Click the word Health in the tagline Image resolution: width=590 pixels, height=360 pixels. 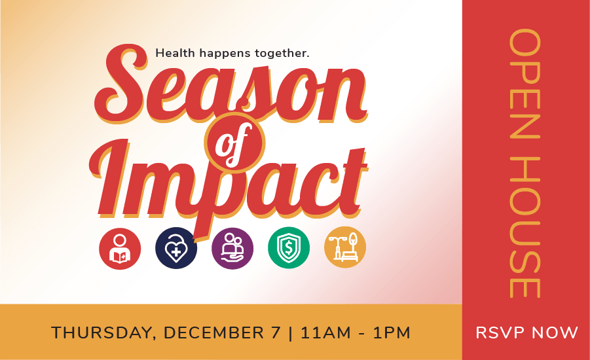(175, 52)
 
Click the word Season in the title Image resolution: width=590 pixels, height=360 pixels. (230, 84)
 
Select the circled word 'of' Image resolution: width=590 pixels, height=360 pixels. (235, 143)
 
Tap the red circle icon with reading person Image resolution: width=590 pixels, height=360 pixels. (120, 248)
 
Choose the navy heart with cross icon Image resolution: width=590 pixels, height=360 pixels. (176, 248)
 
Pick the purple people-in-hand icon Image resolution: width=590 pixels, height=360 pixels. (232, 248)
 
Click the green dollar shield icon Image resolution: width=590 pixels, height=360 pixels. (289, 248)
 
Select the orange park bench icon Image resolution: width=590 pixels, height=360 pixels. (345, 247)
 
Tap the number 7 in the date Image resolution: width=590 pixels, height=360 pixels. (276, 333)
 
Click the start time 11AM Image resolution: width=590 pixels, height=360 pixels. (326, 333)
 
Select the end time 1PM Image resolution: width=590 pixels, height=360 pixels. (392, 333)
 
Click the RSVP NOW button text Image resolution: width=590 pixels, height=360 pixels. (526, 333)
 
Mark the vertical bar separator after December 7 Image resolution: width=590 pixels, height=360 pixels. (291, 333)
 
